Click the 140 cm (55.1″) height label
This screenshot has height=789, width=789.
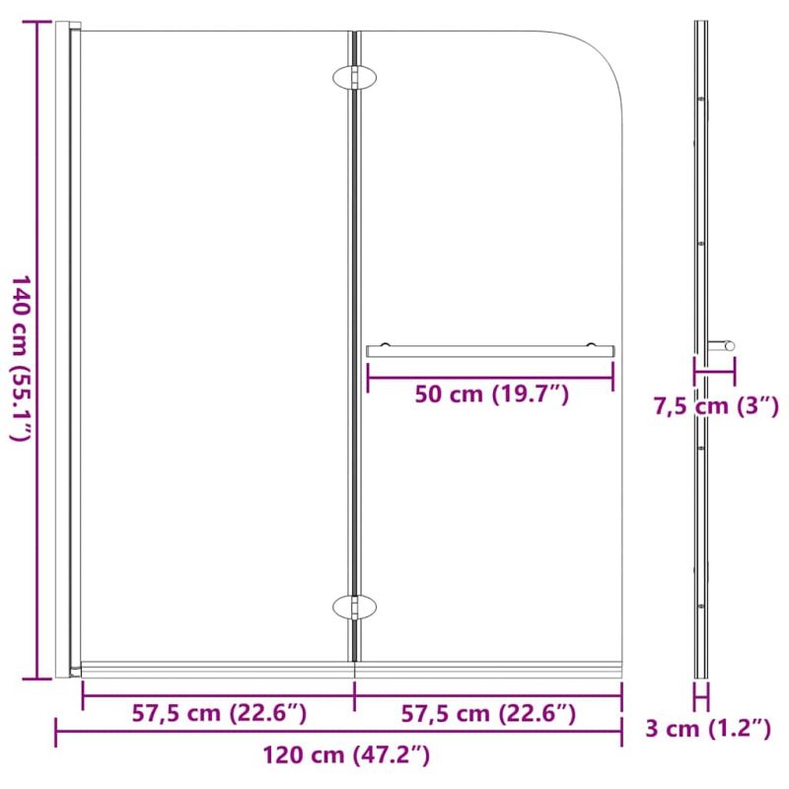(x=22, y=358)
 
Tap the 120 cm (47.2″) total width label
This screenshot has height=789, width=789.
(x=346, y=754)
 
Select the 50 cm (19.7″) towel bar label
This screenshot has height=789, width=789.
(x=491, y=394)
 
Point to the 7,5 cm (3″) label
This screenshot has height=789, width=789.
(x=716, y=406)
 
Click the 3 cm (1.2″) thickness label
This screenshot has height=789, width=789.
(x=708, y=729)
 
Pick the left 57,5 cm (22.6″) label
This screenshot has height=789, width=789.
(x=219, y=713)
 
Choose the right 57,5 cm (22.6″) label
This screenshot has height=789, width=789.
(x=488, y=713)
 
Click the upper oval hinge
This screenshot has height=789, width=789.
(x=355, y=78)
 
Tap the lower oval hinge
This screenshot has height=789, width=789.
(x=355, y=608)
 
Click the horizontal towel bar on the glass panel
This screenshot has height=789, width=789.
(x=490, y=351)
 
